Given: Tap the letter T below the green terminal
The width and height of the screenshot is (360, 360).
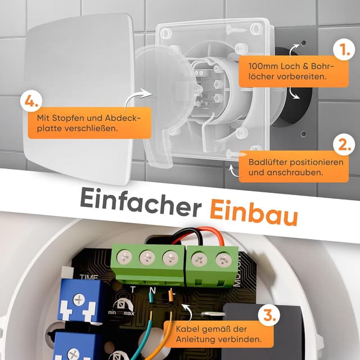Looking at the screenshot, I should click(x=133, y=289).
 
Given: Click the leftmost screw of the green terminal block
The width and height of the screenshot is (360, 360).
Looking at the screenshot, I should click(x=124, y=256).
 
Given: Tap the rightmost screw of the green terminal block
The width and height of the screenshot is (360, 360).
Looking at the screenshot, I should click(x=224, y=259).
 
